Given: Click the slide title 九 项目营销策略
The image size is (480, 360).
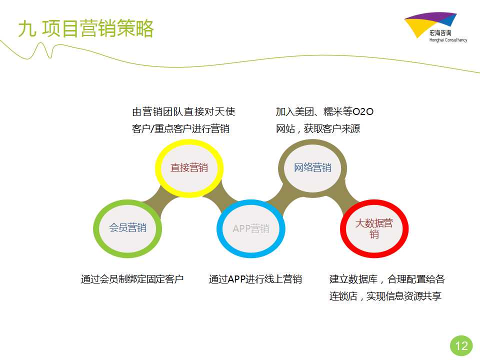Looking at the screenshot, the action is (x=85, y=28).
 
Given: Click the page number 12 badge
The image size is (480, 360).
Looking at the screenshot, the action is (x=461, y=346).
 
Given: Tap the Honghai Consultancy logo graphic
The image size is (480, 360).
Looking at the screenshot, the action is (x=430, y=24).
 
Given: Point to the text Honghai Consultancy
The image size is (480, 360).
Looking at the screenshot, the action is (x=448, y=40).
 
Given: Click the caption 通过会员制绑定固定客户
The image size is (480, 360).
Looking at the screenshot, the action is (x=132, y=279).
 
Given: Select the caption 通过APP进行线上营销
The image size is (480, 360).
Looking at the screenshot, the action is (x=255, y=279).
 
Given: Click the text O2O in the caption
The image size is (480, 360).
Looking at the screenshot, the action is (x=363, y=111).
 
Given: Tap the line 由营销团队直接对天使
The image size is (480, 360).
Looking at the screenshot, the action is (x=183, y=111).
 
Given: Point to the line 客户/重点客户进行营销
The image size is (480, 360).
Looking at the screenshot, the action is (x=180, y=129).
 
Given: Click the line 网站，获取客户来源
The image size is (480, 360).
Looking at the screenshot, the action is (x=318, y=129).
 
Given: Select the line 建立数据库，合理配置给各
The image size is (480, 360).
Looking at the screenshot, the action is (x=387, y=279).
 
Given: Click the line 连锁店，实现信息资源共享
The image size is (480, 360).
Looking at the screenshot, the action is (x=385, y=296).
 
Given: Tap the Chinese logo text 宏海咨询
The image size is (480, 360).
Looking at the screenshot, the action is (x=440, y=33).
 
